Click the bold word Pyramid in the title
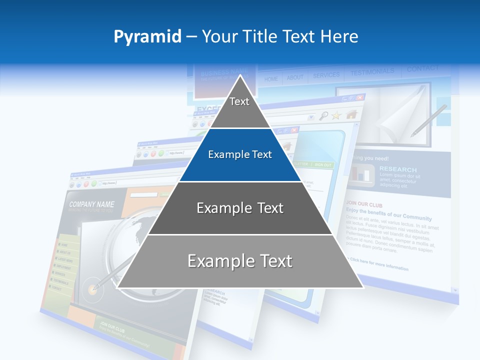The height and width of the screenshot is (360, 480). [147, 36]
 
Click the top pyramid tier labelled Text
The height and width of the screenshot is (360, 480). [239, 102]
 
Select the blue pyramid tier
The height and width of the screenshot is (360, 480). [240, 155]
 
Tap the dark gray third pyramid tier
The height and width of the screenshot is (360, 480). [240, 208]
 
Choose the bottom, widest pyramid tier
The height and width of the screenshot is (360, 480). [240, 261]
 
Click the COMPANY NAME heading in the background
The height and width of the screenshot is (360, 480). [91, 204]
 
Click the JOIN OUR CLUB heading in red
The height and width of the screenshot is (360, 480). [363, 204]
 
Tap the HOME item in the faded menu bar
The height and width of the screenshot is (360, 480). [271, 79]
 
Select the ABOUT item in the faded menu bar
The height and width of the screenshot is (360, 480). [295, 77]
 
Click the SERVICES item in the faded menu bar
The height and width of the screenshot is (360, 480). [326, 75]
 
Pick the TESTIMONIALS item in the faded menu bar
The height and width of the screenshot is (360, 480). [372, 72]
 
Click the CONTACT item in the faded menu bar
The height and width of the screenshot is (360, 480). [422, 68]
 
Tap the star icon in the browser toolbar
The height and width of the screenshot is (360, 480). [336, 115]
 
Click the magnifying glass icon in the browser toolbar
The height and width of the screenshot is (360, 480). [324, 116]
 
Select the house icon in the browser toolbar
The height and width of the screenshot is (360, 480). [351, 114]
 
